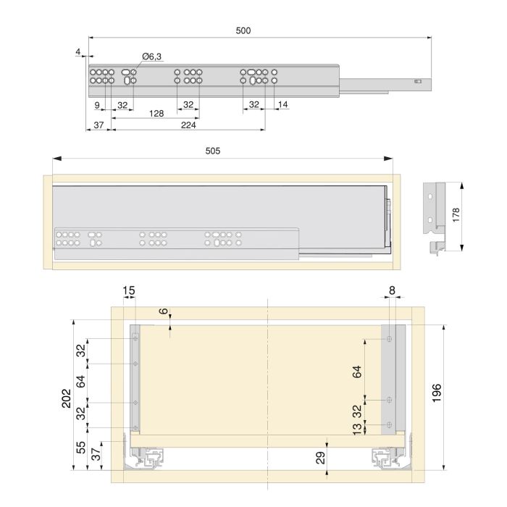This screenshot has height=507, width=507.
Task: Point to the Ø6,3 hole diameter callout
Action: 151,56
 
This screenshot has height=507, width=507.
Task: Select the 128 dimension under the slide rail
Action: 156,114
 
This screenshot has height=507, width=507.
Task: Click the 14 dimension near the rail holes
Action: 282,105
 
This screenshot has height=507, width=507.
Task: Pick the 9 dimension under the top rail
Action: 96,105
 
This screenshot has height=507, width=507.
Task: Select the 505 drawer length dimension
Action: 213,151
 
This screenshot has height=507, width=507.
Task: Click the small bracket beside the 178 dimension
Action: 436,216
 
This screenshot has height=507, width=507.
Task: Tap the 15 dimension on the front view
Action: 128,291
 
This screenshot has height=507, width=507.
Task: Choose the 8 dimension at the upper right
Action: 392,291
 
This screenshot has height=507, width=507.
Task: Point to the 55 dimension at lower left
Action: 81,447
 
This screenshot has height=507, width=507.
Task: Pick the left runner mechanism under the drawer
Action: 146,456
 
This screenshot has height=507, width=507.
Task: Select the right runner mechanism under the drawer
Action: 387,456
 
